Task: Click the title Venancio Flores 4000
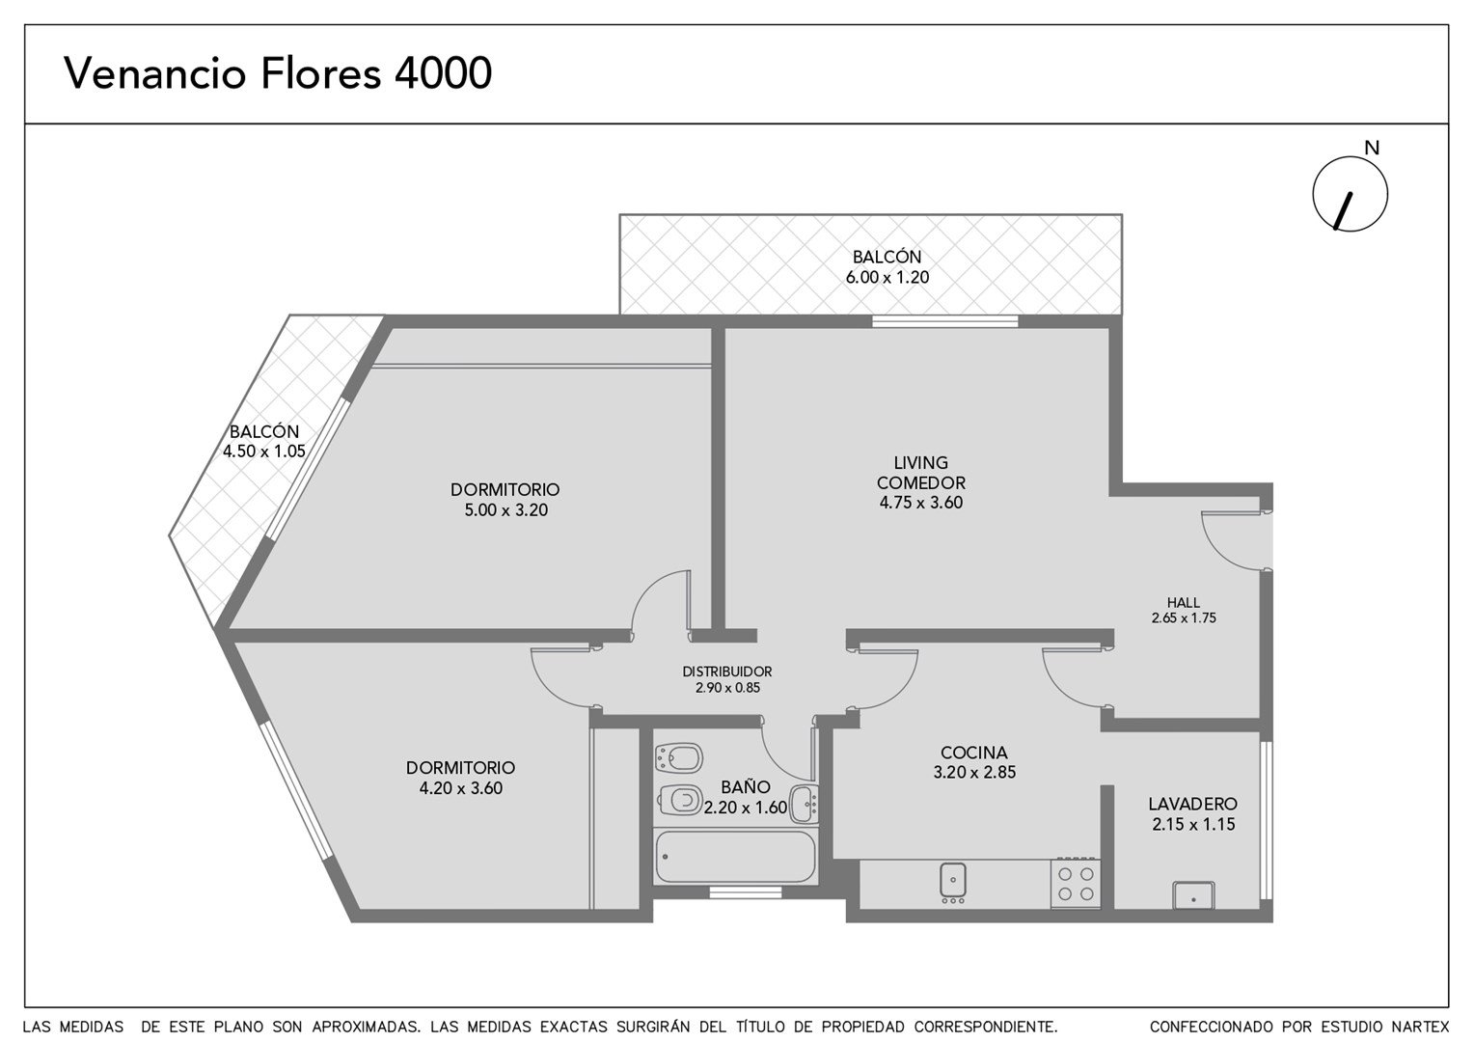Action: tap(278, 72)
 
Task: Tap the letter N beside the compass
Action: tap(1372, 149)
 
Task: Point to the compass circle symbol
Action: tap(1351, 194)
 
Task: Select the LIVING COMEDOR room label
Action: tap(920, 472)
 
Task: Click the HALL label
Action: tap(1183, 602)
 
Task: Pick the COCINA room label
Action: tap(974, 752)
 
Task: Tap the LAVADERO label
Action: tap(1193, 804)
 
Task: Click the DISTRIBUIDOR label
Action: tap(727, 672)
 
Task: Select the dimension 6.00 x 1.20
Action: tap(887, 277)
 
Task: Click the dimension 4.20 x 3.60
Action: tap(461, 788)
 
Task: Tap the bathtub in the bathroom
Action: tap(735, 857)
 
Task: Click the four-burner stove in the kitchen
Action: tap(1075, 883)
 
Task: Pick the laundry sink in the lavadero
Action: tap(1193, 895)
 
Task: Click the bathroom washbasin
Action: tap(804, 803)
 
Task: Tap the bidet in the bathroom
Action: tap(678, 757)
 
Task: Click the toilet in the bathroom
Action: tap(680, 800)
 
